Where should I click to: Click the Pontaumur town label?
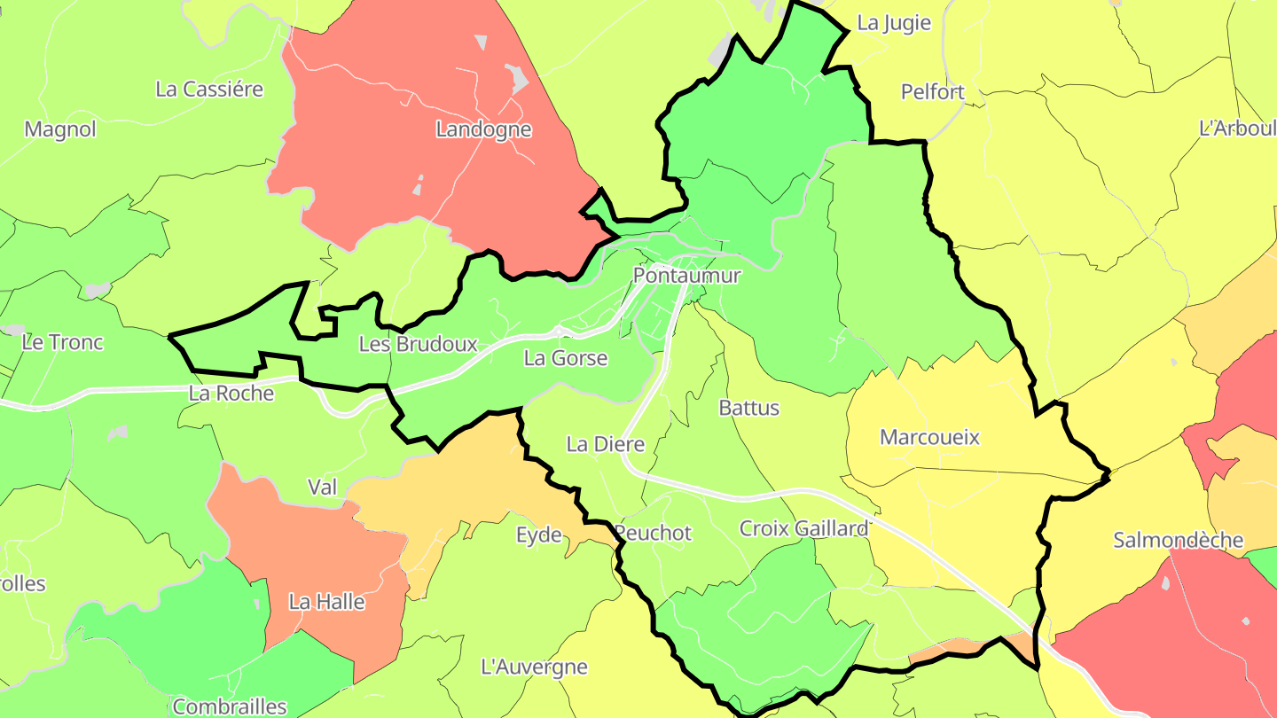pyautogui.click(x=686, y=276)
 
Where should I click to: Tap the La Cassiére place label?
pyautogui.click(x=209, y=89)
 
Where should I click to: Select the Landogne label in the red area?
pyautogui.click(x=483, y=129)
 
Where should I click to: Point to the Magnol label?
pyautogui.click(x=60, y=129)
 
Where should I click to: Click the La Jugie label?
pyautogui.click(x=895, y=23)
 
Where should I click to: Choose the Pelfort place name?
pyautogui.click(x=932, y=91)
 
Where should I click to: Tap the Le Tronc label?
pyautogui.click(x=63, y=342)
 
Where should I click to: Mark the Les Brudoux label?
pyautogui.click(x=418, y=344)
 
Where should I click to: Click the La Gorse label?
pyautogui.click(x=566, y=358)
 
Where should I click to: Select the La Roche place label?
pyautogui.click(x=231, y=393)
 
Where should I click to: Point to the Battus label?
pyautogui.click(x=748, y=408)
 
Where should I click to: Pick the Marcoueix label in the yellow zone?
pyautogui.click(x=929, y=437)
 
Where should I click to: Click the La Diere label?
pyautogui.click(x=605, y=444)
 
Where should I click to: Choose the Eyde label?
pyautogui.click(x=539, y=535)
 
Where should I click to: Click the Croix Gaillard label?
pyautogui.click(x=803, y=528)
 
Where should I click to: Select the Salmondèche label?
pyautogui.click(x=1178, y=540)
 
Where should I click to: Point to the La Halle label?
pyautogui.click(x=326, y=602)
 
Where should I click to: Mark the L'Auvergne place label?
pyautogui.click(x=533, y=667)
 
